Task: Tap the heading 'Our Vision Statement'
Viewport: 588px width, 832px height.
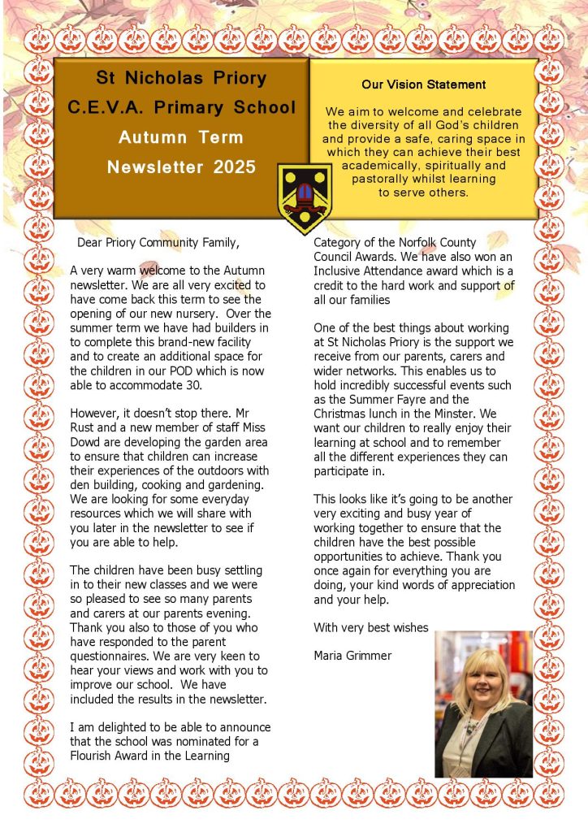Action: [424, 84]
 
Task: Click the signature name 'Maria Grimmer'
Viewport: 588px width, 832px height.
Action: [352, 655]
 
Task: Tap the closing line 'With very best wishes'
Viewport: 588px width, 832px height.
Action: [370, 627]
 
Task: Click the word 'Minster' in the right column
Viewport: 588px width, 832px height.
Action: [474, 414]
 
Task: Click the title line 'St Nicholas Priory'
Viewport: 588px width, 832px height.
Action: [181, 79]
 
